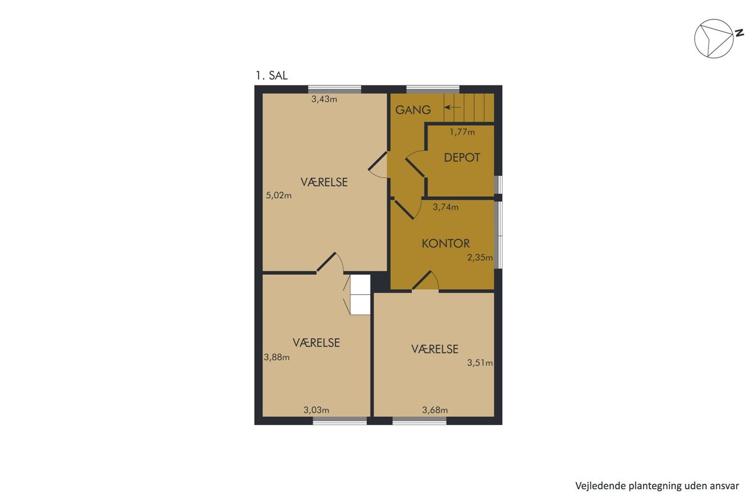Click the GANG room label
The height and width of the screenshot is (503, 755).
click(413, 110)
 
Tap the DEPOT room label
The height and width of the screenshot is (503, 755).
click(462, 158)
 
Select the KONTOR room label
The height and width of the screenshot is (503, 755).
click(445, 243)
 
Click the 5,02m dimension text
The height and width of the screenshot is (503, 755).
click(279, 196)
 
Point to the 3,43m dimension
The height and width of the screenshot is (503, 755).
click(324, 99)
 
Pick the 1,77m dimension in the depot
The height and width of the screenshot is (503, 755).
click(462, 132)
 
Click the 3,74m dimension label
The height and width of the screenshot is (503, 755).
click(445, 207)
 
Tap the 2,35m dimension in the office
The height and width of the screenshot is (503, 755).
click(480, 258)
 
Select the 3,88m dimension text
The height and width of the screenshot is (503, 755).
click(277, 357)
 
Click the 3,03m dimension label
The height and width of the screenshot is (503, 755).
click(316, 410)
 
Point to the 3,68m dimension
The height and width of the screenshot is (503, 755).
click(435, 410)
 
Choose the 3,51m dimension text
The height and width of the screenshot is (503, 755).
click(480, 363)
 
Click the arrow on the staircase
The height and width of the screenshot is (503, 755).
click(452, 108)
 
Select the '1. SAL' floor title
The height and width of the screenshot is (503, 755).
click(272, 75)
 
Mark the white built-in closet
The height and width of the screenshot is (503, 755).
click(361, 295)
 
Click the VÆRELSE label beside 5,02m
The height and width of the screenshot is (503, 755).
click(324, 182)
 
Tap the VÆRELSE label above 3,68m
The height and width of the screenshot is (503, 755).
click(435, 349)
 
